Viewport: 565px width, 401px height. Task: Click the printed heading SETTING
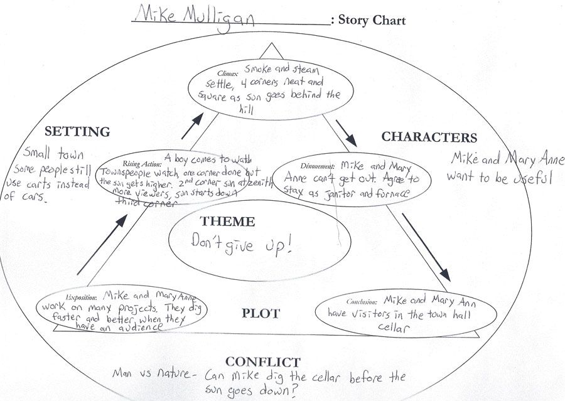pyautogui.click(x=78, y=132)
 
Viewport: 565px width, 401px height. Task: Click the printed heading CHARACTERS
pyautogui.click(x=429, y=137)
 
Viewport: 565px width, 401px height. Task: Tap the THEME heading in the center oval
pyautogui.click(x=227, y=222)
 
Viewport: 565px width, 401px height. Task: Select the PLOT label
pyautogui.click(x=261, y=313)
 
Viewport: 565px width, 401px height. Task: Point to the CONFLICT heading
pyautogui.click(x=262, y=361)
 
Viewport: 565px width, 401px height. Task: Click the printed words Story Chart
pyautogui.click(x=372, y=21)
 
